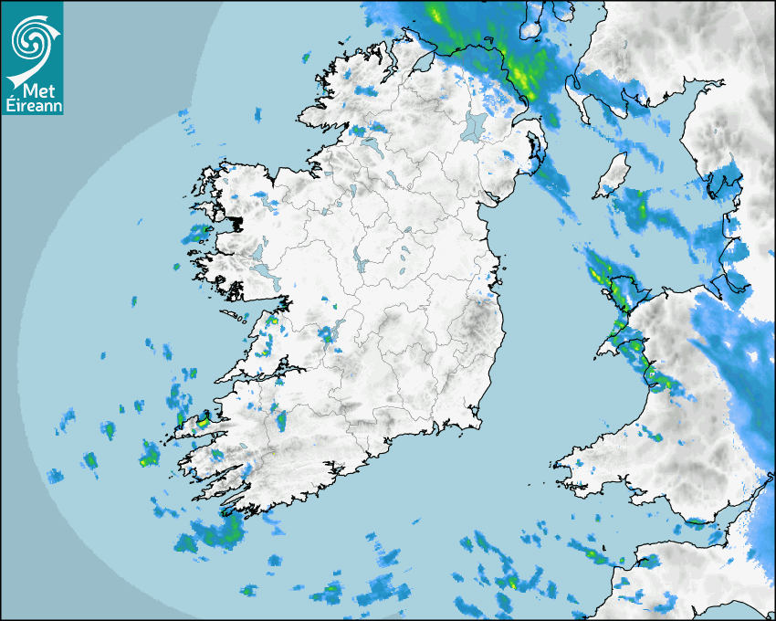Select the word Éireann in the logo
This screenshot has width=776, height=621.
coord(33,104)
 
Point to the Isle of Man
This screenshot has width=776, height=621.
coord(614,175)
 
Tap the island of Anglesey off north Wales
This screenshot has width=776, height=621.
coord(621,292)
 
